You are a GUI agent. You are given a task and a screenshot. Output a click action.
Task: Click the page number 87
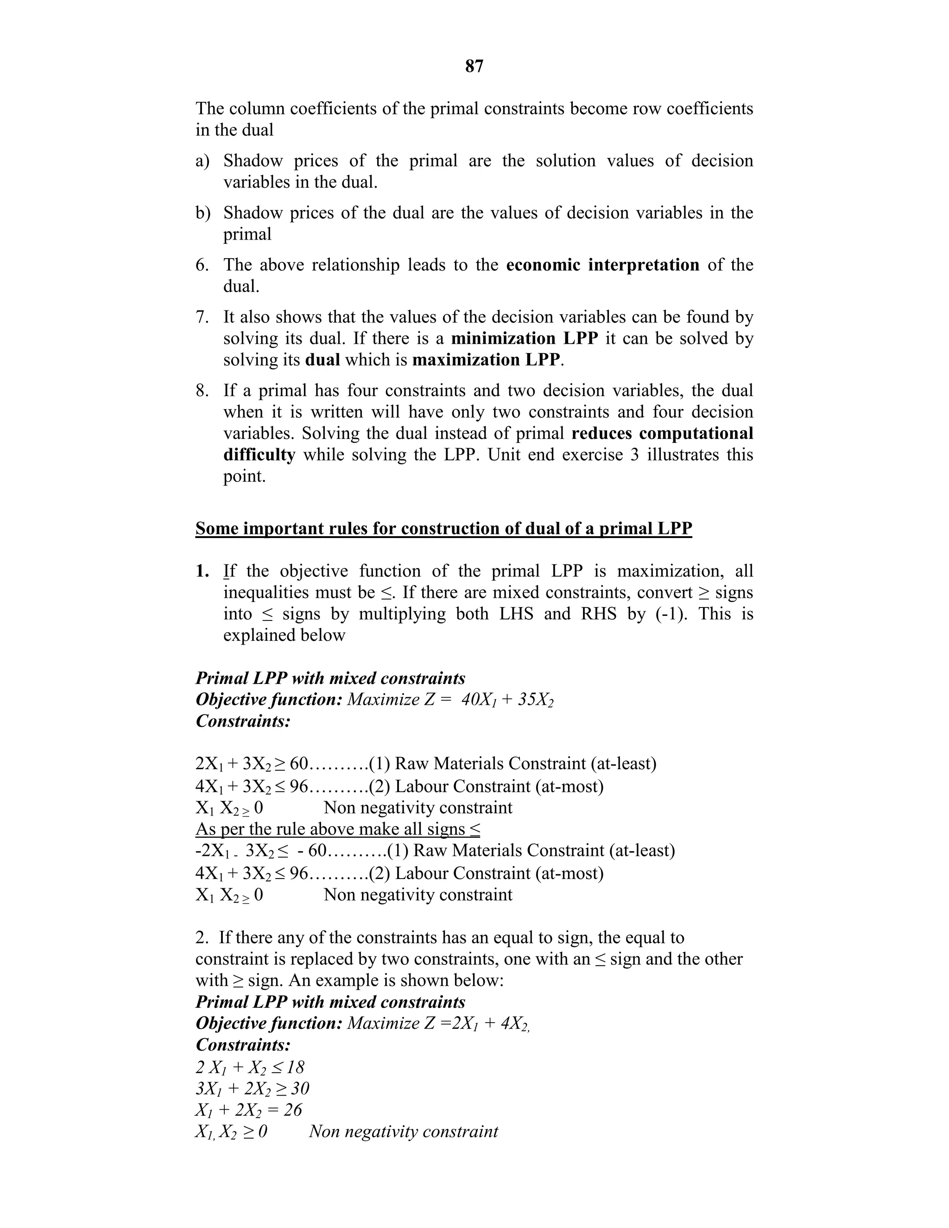point(474,66)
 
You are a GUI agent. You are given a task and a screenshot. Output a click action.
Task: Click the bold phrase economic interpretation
point(603,264)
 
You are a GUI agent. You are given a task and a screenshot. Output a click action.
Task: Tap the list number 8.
point(202,391)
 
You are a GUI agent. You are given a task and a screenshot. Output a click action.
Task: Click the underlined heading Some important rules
point(443,529)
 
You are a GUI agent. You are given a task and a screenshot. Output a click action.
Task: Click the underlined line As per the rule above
point(337,829)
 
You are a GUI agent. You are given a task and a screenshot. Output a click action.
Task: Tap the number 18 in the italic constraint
point(295,1067)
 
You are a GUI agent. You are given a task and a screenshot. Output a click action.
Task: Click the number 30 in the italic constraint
point(300,1089)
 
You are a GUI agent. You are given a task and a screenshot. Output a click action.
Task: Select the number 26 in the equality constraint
point(292,1110)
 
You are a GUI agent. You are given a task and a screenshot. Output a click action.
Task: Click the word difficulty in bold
point(259,455)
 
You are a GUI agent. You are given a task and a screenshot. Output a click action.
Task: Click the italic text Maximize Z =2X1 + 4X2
point(438,1023)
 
